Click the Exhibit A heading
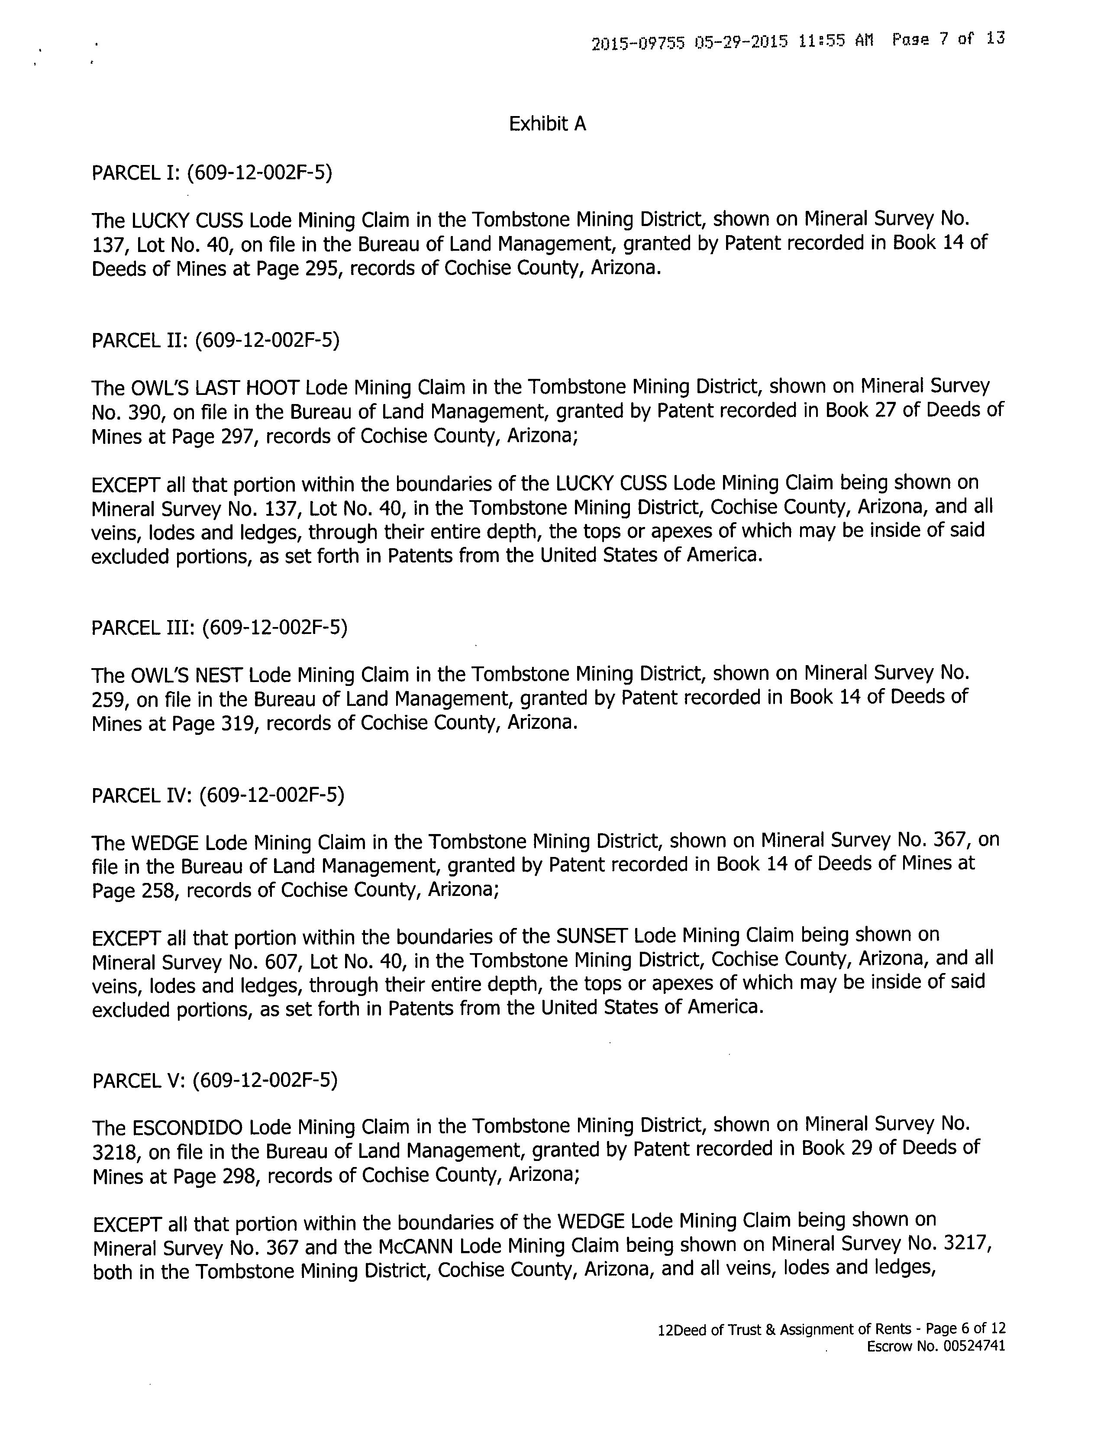(x=547, y=124)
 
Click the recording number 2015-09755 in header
(x=638, y=43)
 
